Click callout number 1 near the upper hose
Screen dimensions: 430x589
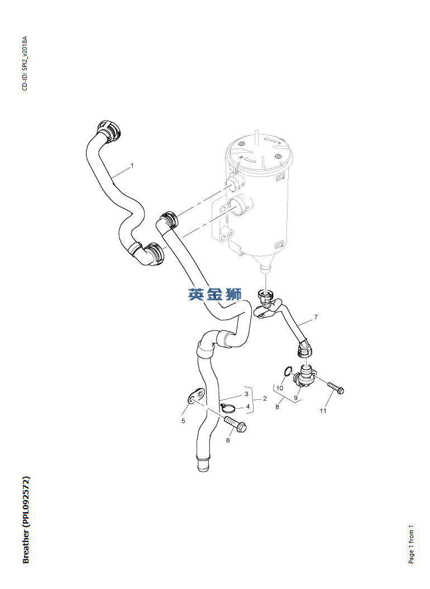(132, 165)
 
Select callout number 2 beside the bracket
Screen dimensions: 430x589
(265, 399)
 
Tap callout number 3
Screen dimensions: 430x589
(247, 394)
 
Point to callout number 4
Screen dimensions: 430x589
(248, 406)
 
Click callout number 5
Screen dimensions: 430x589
(183, 421)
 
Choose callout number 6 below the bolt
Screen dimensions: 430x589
(228, 440)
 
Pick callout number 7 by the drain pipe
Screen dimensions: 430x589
(316, 318)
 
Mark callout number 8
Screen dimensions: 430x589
(278, 407)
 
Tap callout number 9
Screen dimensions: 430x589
(296, 398)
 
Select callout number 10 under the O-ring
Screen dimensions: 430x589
(280, 388)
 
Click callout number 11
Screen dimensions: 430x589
(323, 411)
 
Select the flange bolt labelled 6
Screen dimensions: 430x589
(236, 423)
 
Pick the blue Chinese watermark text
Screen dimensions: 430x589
(215, 294)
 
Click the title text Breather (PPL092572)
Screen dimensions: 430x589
(26, 520)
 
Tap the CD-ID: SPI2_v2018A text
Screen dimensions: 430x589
(25, 64)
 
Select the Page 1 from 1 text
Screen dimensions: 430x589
(411, 544)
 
